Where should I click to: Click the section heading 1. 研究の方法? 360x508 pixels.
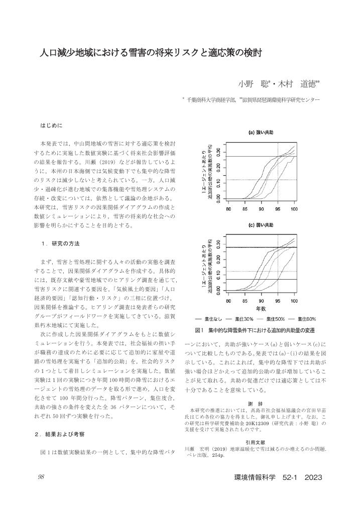coord(61,243)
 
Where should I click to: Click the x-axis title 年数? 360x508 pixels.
coord(261,308)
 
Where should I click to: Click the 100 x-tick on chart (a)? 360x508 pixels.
coord(294,209)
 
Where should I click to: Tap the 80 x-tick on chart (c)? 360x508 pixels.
coord(229,301)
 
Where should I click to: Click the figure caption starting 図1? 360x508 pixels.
coord(255,330)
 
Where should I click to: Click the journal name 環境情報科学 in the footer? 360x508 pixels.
coord(255,477)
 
